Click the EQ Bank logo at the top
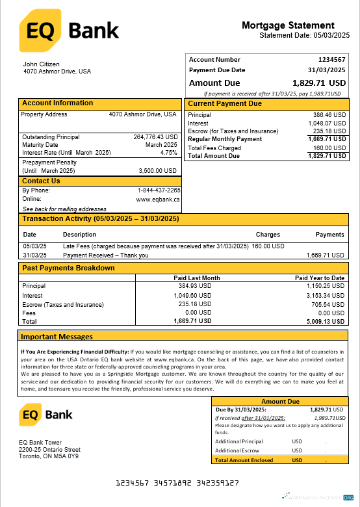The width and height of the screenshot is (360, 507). (x=69, y=31)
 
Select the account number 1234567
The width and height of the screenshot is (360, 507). (x=331, y=60)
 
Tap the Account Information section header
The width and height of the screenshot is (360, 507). (x=58, y=103)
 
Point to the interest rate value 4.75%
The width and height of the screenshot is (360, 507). (x=168, y=153)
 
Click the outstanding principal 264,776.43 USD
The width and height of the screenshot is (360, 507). (x=155, y=137)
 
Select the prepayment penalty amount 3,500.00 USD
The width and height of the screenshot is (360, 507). (x=158, y=170)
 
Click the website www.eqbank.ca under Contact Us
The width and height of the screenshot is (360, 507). (x=157, y=200)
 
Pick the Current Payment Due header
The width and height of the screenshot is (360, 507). (x=225, y=103)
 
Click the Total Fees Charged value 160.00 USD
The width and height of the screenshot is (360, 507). (x=328, y=148)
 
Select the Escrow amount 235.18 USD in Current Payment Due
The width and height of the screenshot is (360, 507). (x=328, y=131)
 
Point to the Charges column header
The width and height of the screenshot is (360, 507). (x=268, y=235)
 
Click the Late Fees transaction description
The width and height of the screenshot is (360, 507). (x=156, y=246)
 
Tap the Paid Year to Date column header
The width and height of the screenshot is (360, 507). (x=320, y=278)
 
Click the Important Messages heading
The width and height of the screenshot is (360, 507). (x=57, y=337)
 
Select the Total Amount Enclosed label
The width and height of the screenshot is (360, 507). (x=244, y=460)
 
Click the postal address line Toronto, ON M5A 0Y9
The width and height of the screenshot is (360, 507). (x=49, y=457)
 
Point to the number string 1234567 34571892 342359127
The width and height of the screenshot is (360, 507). (x=177, y=483)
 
